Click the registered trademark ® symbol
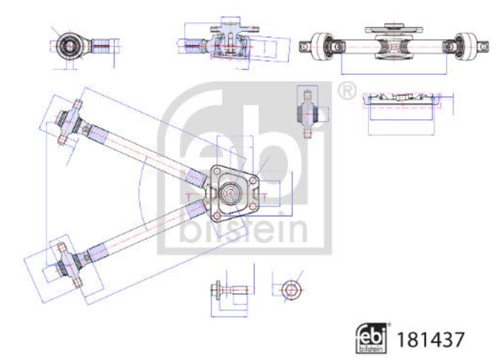pyautogui.click(x=345, y=91)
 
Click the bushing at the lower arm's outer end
pyautogui.click(x=66, y=265)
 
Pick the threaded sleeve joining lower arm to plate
pyautogui.click(x=194, y=209)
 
